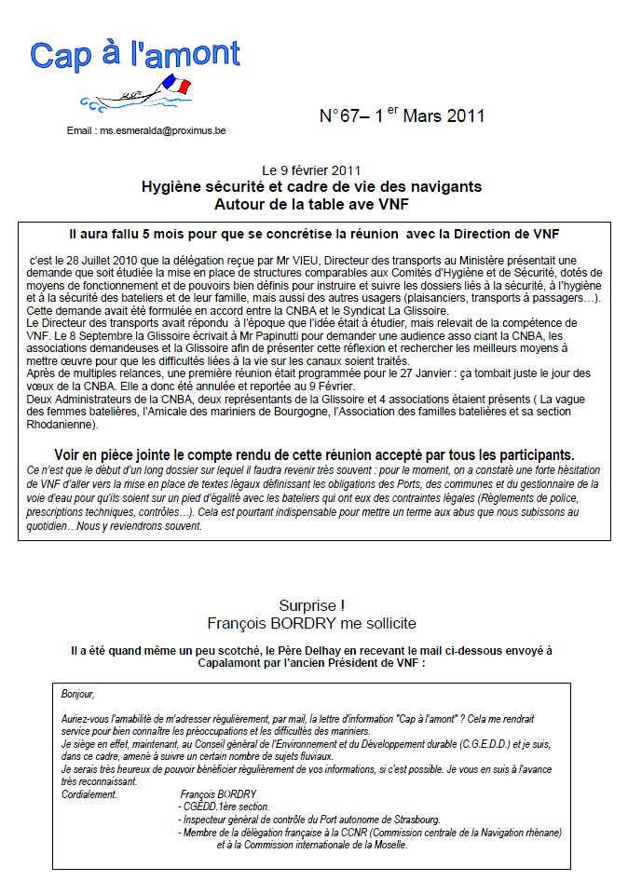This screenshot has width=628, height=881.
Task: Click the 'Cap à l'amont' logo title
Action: (x=135, y=55)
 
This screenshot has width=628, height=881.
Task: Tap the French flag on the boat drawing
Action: (x=176, y=86)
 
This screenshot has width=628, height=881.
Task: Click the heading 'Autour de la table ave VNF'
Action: (x=311, y=203)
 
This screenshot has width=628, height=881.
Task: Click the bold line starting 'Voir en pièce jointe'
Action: (x=314, y=454)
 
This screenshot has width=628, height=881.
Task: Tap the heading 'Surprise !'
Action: (x=312, y=605)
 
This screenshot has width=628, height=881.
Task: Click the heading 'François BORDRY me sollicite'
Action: (x=312, y=623)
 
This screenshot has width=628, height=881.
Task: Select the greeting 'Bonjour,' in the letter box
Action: (x=78, y=694)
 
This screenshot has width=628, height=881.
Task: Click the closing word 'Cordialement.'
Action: (x=89, y=793)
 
